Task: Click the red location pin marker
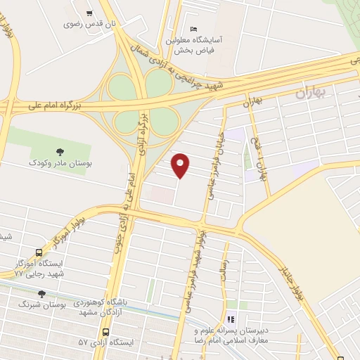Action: [181, 165]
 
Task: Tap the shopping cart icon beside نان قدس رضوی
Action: [89, 13]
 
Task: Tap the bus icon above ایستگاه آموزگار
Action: [39, 253]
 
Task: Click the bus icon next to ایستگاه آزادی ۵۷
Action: [105, 332]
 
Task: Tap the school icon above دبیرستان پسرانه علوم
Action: [231, 319]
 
